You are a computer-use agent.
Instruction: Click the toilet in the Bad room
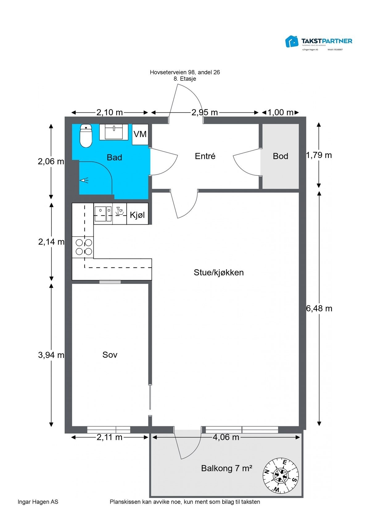click(86, 136)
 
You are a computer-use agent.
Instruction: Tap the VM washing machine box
click(140, 134)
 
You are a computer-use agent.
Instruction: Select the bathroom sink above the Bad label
click(113, 132)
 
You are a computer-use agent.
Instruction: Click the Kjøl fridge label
click(137, 215)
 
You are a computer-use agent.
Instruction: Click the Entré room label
click(205, 156)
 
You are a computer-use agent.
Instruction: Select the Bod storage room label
click(280, 156)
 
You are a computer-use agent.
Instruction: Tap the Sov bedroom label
click(110, 355)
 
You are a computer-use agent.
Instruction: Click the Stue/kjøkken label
click(219, 272)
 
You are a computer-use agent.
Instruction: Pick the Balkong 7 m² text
click(227, 468)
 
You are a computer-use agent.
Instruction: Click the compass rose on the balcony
click(281, 475)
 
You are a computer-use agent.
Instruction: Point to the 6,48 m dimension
click(319, 308)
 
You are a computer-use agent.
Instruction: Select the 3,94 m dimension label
click(51, 355)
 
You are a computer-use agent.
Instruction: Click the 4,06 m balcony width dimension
click(226, 437)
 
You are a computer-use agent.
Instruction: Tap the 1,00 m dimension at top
click(280, 112)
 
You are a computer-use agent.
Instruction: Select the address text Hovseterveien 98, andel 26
click(185, 72)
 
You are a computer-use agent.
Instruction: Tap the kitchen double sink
click(103, 214)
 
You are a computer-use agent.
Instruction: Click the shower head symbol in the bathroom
click(84, 180)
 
